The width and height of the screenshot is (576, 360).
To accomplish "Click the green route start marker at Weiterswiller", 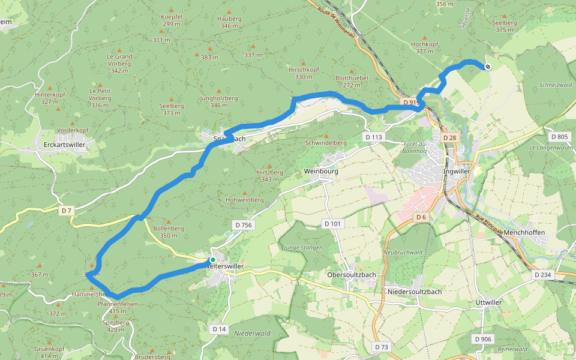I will [212, 260].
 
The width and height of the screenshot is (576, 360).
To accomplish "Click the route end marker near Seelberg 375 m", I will [488, 67].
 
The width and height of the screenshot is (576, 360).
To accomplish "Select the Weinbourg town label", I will [321, 171].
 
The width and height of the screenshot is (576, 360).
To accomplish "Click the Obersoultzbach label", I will [352, 274].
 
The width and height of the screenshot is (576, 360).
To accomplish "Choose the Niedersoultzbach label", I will [415, 292].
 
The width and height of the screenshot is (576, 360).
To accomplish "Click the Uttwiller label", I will [488, 302].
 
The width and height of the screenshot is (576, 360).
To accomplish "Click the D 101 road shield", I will [332, 224].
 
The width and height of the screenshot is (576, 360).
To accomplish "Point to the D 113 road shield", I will [373, 137].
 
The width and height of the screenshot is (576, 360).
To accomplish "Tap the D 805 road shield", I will [559, 137].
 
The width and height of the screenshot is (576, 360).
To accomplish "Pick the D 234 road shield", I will [542, 274].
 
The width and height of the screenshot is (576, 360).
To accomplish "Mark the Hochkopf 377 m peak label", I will [424, 47].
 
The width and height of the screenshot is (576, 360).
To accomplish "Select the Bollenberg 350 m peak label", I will [169, 232].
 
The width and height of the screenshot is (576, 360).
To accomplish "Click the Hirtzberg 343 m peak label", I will [269, 175].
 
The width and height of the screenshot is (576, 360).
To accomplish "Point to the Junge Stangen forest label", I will [303, 247].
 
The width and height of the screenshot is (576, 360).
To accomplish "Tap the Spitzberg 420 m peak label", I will [116, 326].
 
